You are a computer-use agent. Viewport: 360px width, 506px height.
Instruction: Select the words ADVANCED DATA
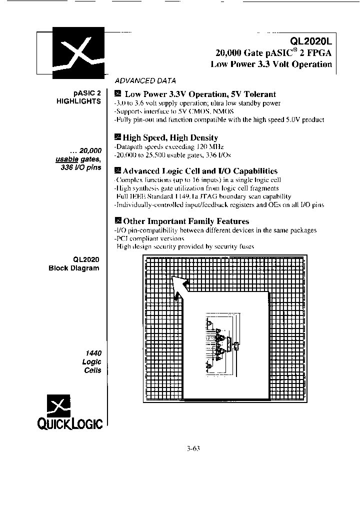[x=145, y=80]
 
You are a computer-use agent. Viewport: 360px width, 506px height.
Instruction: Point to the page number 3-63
[x=192, y=448]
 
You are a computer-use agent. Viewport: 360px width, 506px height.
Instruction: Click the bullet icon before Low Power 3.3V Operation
[x=118, y=93]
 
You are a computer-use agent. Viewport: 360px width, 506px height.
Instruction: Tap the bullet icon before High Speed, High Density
[x=118, y=137]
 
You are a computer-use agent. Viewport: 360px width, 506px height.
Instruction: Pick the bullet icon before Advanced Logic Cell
[x=118, y=170]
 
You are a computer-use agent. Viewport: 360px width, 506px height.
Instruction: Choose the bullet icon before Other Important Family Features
[x=118, y=220]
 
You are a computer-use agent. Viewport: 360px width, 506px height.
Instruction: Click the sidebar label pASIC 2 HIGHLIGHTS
[x=83, y=97]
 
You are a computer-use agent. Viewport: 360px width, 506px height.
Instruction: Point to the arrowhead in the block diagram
[x=177, y=282]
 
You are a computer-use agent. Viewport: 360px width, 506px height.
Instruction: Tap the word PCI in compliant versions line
[x=122, y=238]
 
